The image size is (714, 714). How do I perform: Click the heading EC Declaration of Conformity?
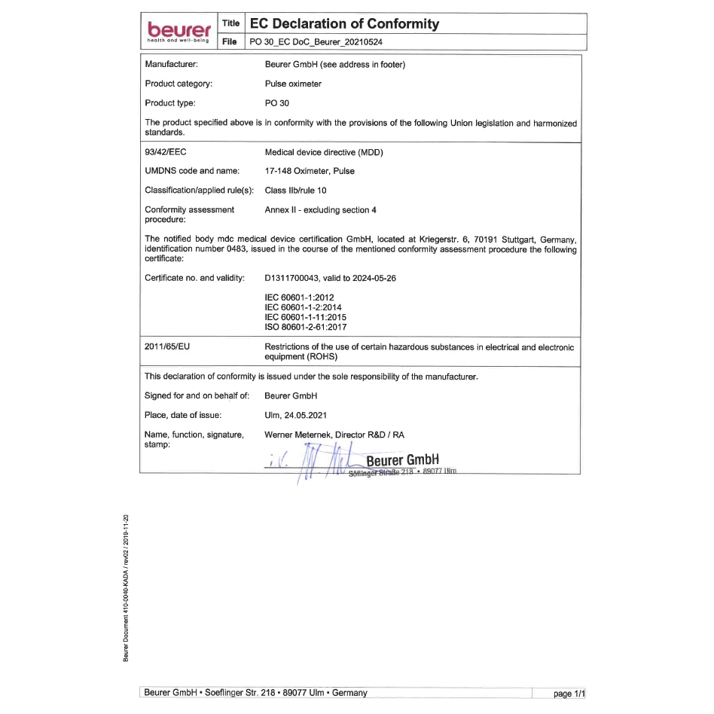tap(344, 24)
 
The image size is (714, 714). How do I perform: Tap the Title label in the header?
tap(230, 24)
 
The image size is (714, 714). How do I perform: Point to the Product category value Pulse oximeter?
tap(293, 84)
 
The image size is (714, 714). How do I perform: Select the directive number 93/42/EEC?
tap(165, 152)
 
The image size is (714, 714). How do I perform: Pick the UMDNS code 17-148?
tap(278, 171)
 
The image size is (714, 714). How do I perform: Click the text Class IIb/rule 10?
tap(295, 191)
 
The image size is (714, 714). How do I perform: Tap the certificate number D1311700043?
tap(296, 278)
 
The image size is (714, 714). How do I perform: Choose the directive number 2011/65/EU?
tap(166, 347)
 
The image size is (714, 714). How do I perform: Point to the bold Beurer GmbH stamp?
tap(401, 460)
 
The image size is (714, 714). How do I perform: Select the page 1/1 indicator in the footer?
tap(569, 694)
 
